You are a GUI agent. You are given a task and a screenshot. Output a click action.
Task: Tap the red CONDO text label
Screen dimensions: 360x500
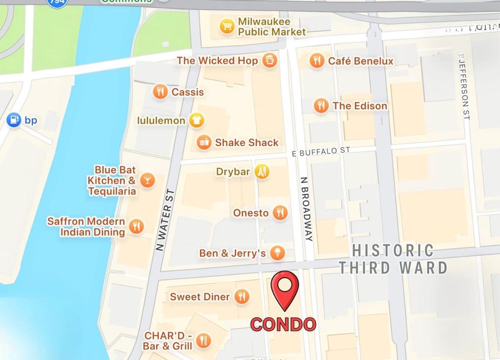(x=283, y=324)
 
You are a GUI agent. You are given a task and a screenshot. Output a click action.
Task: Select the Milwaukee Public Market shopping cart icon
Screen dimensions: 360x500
(x=227, y=26)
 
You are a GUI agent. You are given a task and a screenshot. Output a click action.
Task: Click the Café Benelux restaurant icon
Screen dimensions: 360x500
(x=317, y=60)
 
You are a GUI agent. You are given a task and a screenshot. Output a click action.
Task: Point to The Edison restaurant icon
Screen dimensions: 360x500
(x=321, y=105)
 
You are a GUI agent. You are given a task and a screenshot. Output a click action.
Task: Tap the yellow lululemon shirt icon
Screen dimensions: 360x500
(x=196, y=120)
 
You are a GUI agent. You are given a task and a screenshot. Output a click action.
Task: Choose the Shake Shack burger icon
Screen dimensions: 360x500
(x=204, y=142)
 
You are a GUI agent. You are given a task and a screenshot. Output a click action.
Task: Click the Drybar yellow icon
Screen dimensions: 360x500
(x=262, y=171)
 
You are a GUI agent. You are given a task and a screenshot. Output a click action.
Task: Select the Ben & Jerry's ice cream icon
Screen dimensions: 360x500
(x=278, y=253)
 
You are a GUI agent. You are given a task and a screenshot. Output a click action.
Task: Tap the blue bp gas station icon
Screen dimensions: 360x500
(x=14, y=120)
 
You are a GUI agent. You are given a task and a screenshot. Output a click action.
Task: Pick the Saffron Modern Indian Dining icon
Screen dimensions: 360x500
(x=137, y=226)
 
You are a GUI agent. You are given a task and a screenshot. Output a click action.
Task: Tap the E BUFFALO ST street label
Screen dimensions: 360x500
(x=321, y=151)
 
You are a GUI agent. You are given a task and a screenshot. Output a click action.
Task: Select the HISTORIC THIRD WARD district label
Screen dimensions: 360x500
(x=393, y=259)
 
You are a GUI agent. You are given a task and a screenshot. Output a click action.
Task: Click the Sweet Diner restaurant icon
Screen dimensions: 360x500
(x=241, y=296)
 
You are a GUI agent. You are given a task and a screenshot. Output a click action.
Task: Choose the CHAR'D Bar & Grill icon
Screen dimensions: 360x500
(x=204, y=340)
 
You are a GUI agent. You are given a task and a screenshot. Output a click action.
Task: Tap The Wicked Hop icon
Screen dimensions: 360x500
(x=269, y=60)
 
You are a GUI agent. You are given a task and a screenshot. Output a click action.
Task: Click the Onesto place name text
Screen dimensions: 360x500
(x=250, y=213)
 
